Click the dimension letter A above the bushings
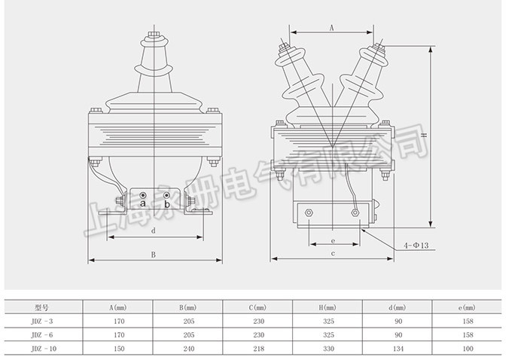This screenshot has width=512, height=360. [x=332, y=26]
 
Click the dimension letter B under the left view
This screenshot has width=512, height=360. [x=154, y=255]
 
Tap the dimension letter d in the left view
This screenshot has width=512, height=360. [x=154, y=230]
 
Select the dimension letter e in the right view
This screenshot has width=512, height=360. [x=332, y=240]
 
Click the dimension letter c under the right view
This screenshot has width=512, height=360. [x=332, y=255]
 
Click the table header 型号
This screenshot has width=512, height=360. [x=41, y=307]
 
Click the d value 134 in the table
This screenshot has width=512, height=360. [x=399, y=348]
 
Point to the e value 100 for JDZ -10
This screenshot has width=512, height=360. [x=469, y=348]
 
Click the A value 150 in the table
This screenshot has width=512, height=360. [x=117, y=348]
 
